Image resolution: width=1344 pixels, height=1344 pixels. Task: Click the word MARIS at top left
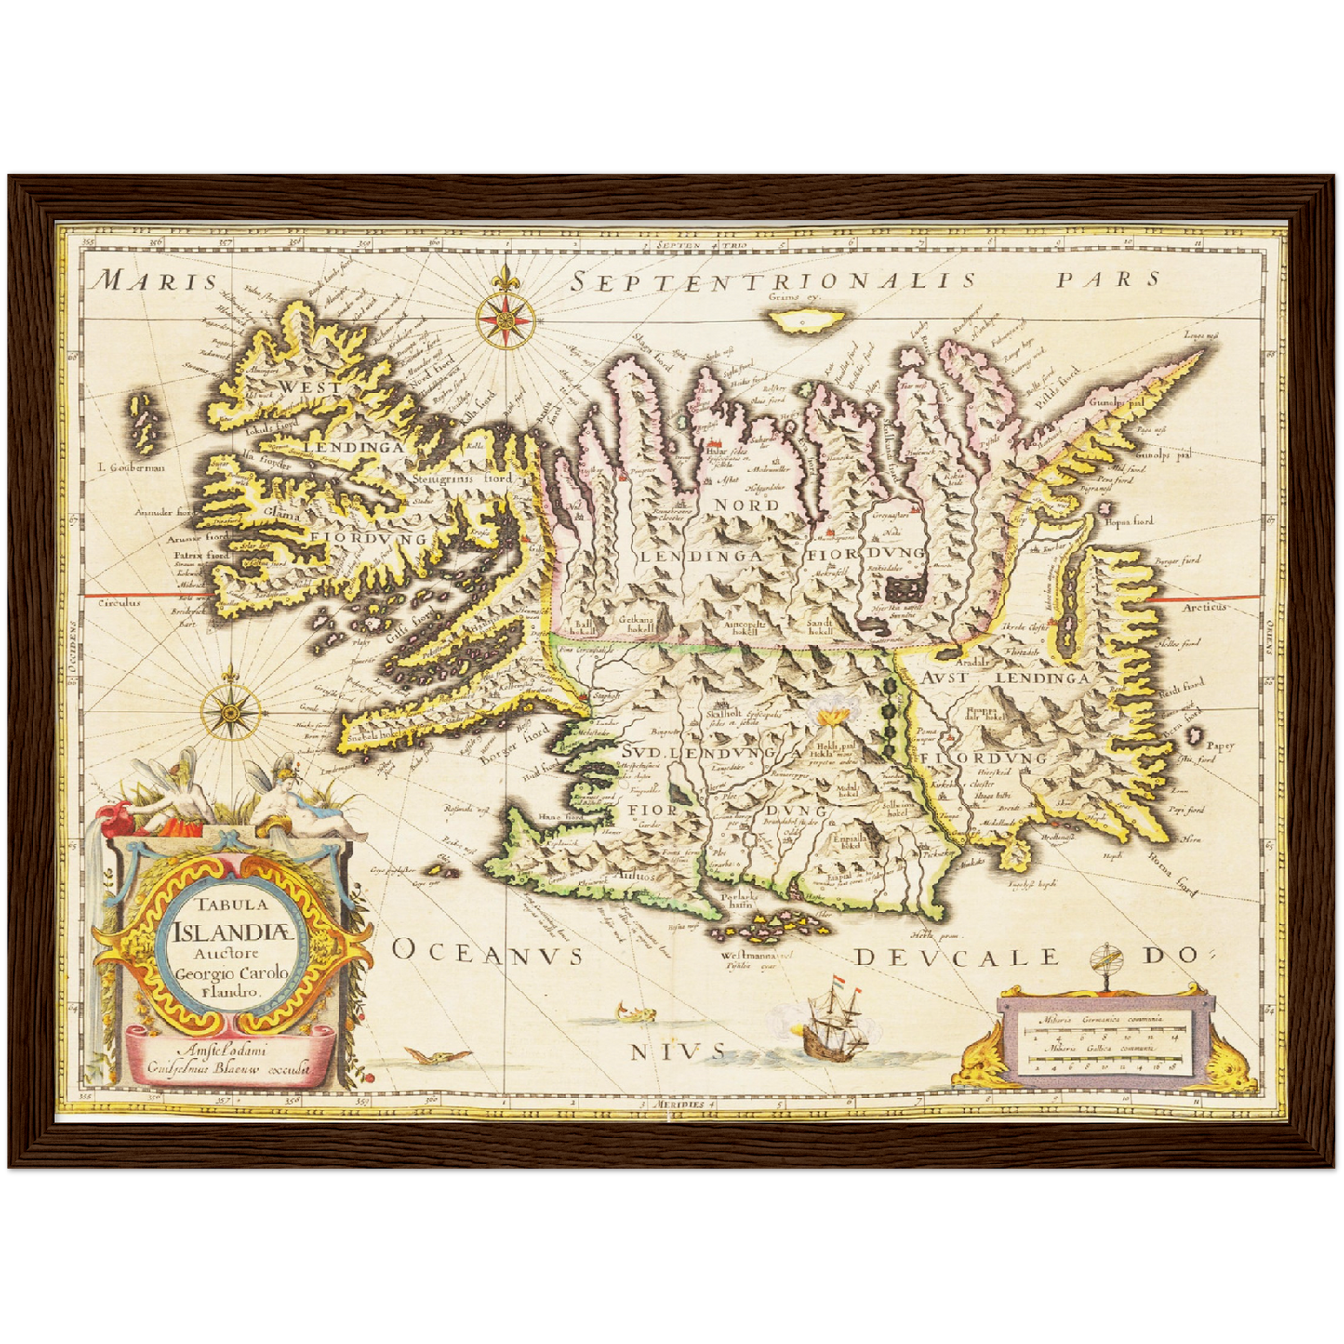click(x=157, y=281)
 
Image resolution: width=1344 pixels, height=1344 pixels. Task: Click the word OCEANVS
click(x=487, y=953)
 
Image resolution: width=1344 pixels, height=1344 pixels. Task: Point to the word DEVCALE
click(x=958, y=957)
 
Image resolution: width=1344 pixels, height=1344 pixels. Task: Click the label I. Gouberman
click(x=130, y=467)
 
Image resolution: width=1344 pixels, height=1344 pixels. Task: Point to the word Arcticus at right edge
click(x=1204, y=606)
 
